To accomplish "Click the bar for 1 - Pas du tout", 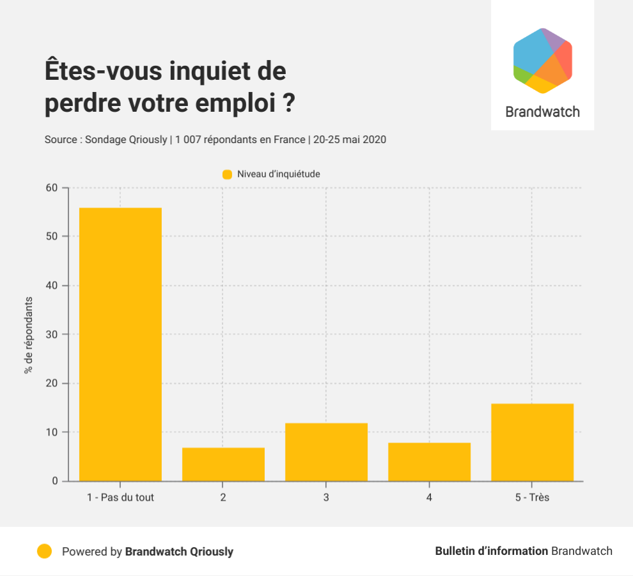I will tap(120, 344).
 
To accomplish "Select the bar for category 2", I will tap(223, 464).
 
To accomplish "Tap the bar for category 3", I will tap(326, 452).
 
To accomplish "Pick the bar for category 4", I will tap(429, 462).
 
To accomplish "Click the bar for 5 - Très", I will tap(532, 442).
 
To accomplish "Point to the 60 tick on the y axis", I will tap(51, 188).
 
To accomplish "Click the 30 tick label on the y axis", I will tap(51, 335).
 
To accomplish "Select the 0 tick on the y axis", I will tap(54, 481).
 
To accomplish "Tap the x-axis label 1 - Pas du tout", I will tap(120, 497).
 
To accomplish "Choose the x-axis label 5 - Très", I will tap(532, 497).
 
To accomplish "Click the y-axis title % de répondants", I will tap(28, 335).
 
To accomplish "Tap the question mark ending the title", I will tap(288, 103).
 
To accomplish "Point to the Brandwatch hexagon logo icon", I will tap(542, 61).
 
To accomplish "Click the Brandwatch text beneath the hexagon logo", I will tap(542, 112).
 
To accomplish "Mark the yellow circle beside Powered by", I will tap(44, 551).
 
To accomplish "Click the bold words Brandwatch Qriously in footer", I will tap(179, 551).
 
